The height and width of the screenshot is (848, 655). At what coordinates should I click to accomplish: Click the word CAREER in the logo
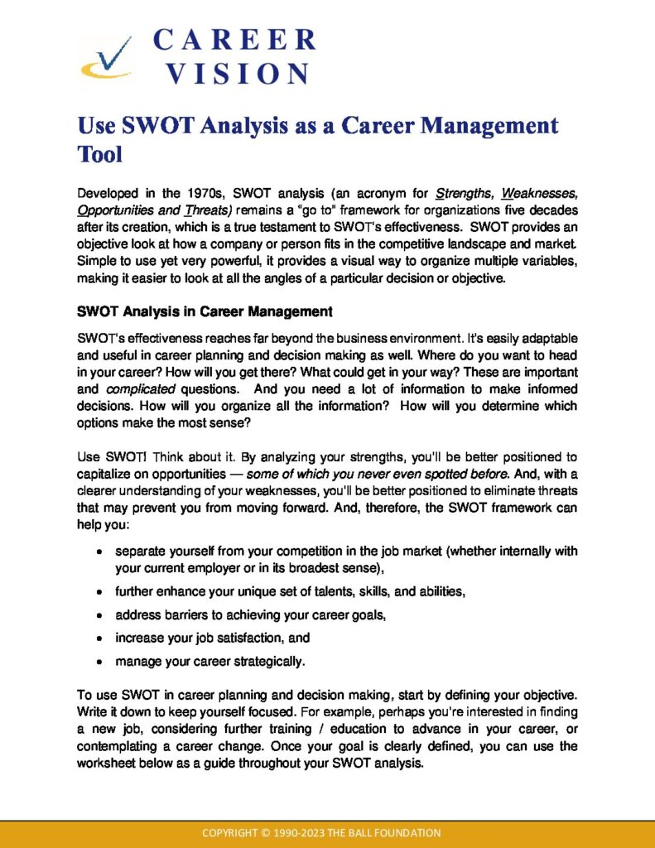pyautogui.click(x=234, y=39)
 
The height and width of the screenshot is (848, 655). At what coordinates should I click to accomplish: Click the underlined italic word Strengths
pyautogui.click(x=465, y=194)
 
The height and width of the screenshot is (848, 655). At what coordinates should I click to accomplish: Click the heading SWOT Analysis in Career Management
pyautogui.click(x=205, y=312)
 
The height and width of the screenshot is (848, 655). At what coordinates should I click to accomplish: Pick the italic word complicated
pyautogui.click(x=140, y=388)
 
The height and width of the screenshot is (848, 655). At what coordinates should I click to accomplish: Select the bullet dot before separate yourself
pyautogui.click(x=99, y=552)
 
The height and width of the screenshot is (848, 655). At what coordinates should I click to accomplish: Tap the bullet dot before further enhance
pyautogui.click(x=99, y=593)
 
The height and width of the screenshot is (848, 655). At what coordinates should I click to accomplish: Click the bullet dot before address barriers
pyautogui.click(x=99, y=616)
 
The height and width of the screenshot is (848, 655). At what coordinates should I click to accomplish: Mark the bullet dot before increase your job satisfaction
pyautogui.click(x=99, y=639)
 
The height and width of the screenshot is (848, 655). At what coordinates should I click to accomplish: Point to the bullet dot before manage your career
pyautogui.click(x=99, y=662)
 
